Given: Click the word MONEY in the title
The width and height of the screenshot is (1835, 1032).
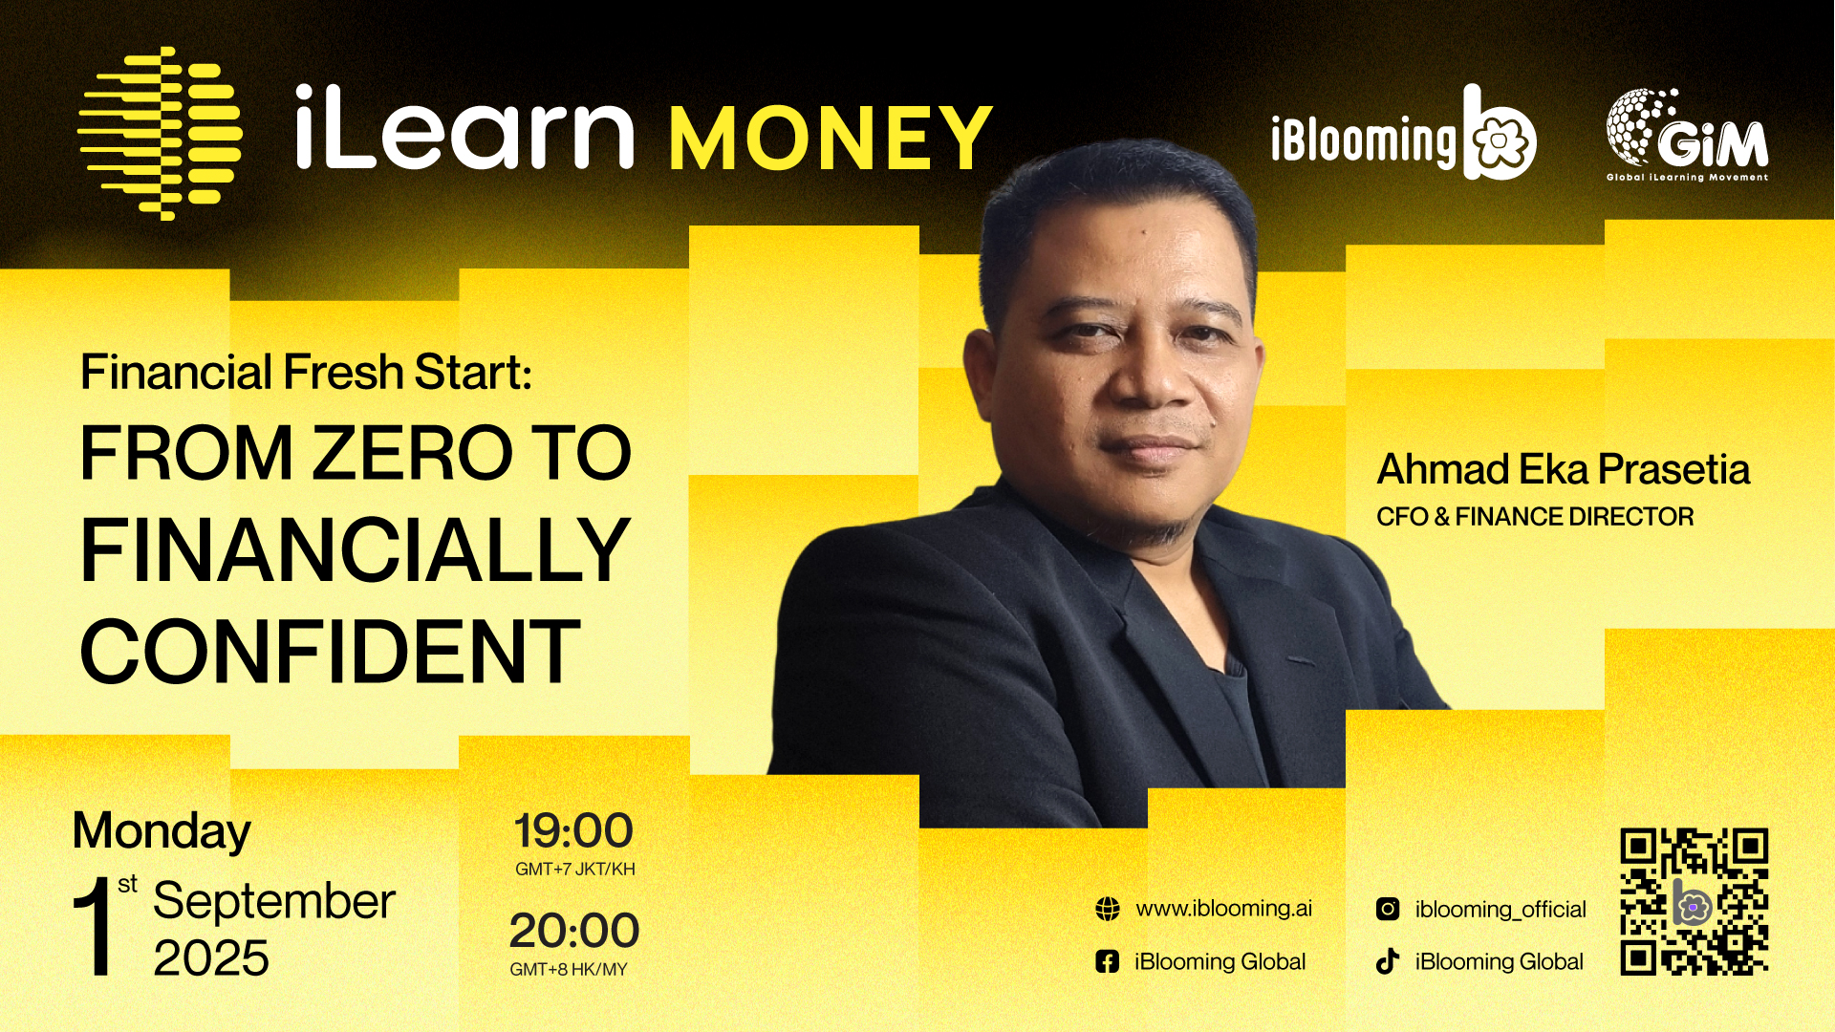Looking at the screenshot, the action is pyautogui.click(x=831, y=139).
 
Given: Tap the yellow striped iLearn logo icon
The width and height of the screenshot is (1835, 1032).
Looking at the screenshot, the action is pyautogui.click(x=160, y=133).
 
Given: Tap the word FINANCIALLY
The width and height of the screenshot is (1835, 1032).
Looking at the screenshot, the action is pyautogui.click(x=356, y=550).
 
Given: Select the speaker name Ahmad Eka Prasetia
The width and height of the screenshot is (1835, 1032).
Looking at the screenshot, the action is pyautogui.click(x=1564, y=469).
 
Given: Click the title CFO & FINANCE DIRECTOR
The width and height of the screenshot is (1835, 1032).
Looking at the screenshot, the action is pyautogui.click(x=1535, y=517).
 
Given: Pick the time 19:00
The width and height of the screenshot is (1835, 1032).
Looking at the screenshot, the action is pyautogui.click(x=573, y=830).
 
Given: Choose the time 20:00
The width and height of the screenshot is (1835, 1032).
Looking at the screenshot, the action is pyautogui.click(x=574, y=930).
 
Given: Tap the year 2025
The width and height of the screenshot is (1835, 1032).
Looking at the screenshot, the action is pyautogui.click(x=211, y=957).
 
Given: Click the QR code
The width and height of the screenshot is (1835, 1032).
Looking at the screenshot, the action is pyautogui.click(x=1694, y=901).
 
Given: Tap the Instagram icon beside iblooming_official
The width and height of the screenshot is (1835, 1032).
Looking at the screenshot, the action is pyautogui.click(x=1388, y=909).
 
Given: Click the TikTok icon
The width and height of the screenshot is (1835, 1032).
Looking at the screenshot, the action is pyautogui.click(x=1388, y=961).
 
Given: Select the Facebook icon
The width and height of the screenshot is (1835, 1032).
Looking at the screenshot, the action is pyautogui.click(x=1107, y=961).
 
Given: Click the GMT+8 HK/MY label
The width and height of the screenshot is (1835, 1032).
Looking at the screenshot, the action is pyautogui.click(x=569, y=969).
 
